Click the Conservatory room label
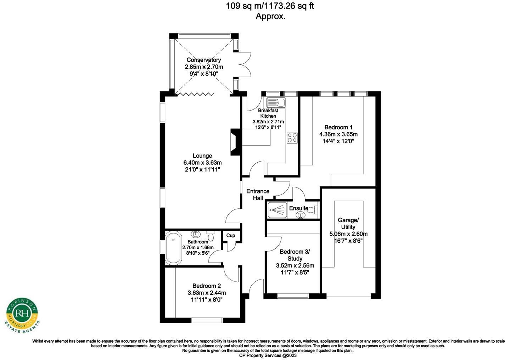204,60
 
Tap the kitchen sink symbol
276,102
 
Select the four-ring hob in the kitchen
292,137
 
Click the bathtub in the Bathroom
173,248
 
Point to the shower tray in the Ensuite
277,209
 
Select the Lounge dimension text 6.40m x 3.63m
202,163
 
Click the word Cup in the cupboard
231,235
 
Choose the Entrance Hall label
258,195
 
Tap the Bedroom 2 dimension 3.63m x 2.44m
207,293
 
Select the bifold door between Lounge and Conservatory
195,94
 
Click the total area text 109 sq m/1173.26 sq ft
270,6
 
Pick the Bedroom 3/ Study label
295,255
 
